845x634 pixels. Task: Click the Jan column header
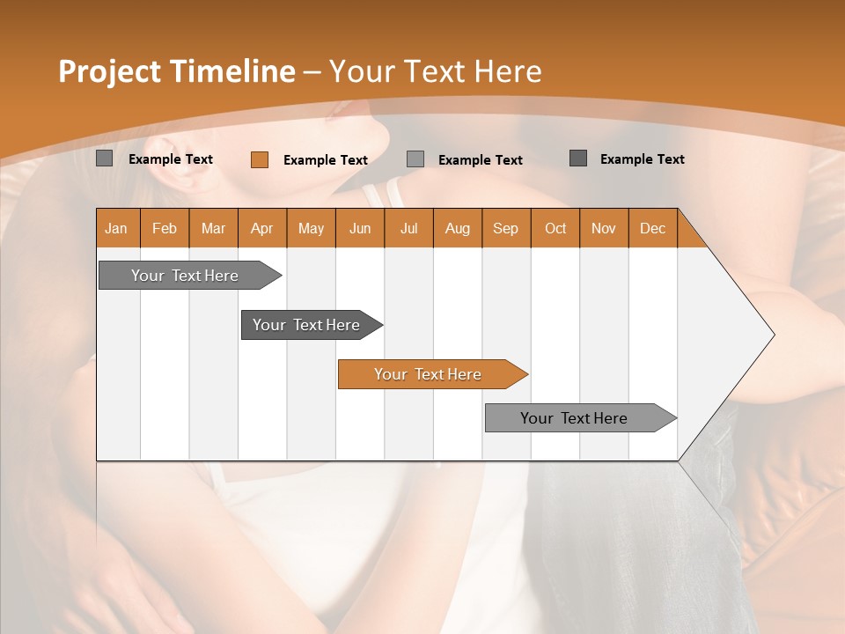[116, 228]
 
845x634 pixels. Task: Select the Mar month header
[213, 228]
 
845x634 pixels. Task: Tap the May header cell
[311, 228]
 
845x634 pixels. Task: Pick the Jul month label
[408, 228]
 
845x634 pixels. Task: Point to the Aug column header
[457, 228]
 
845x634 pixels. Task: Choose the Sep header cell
[505, 228]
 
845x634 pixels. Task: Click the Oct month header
[555, 228]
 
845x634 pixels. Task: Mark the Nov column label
[603, 228]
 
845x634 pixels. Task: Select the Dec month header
[652, 228]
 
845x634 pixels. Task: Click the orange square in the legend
[259, 159]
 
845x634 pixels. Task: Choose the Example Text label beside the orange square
[325, 160]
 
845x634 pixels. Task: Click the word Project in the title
[109, 71]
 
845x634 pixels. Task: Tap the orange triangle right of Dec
[690, 234]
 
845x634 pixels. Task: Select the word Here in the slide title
[507, 71]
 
